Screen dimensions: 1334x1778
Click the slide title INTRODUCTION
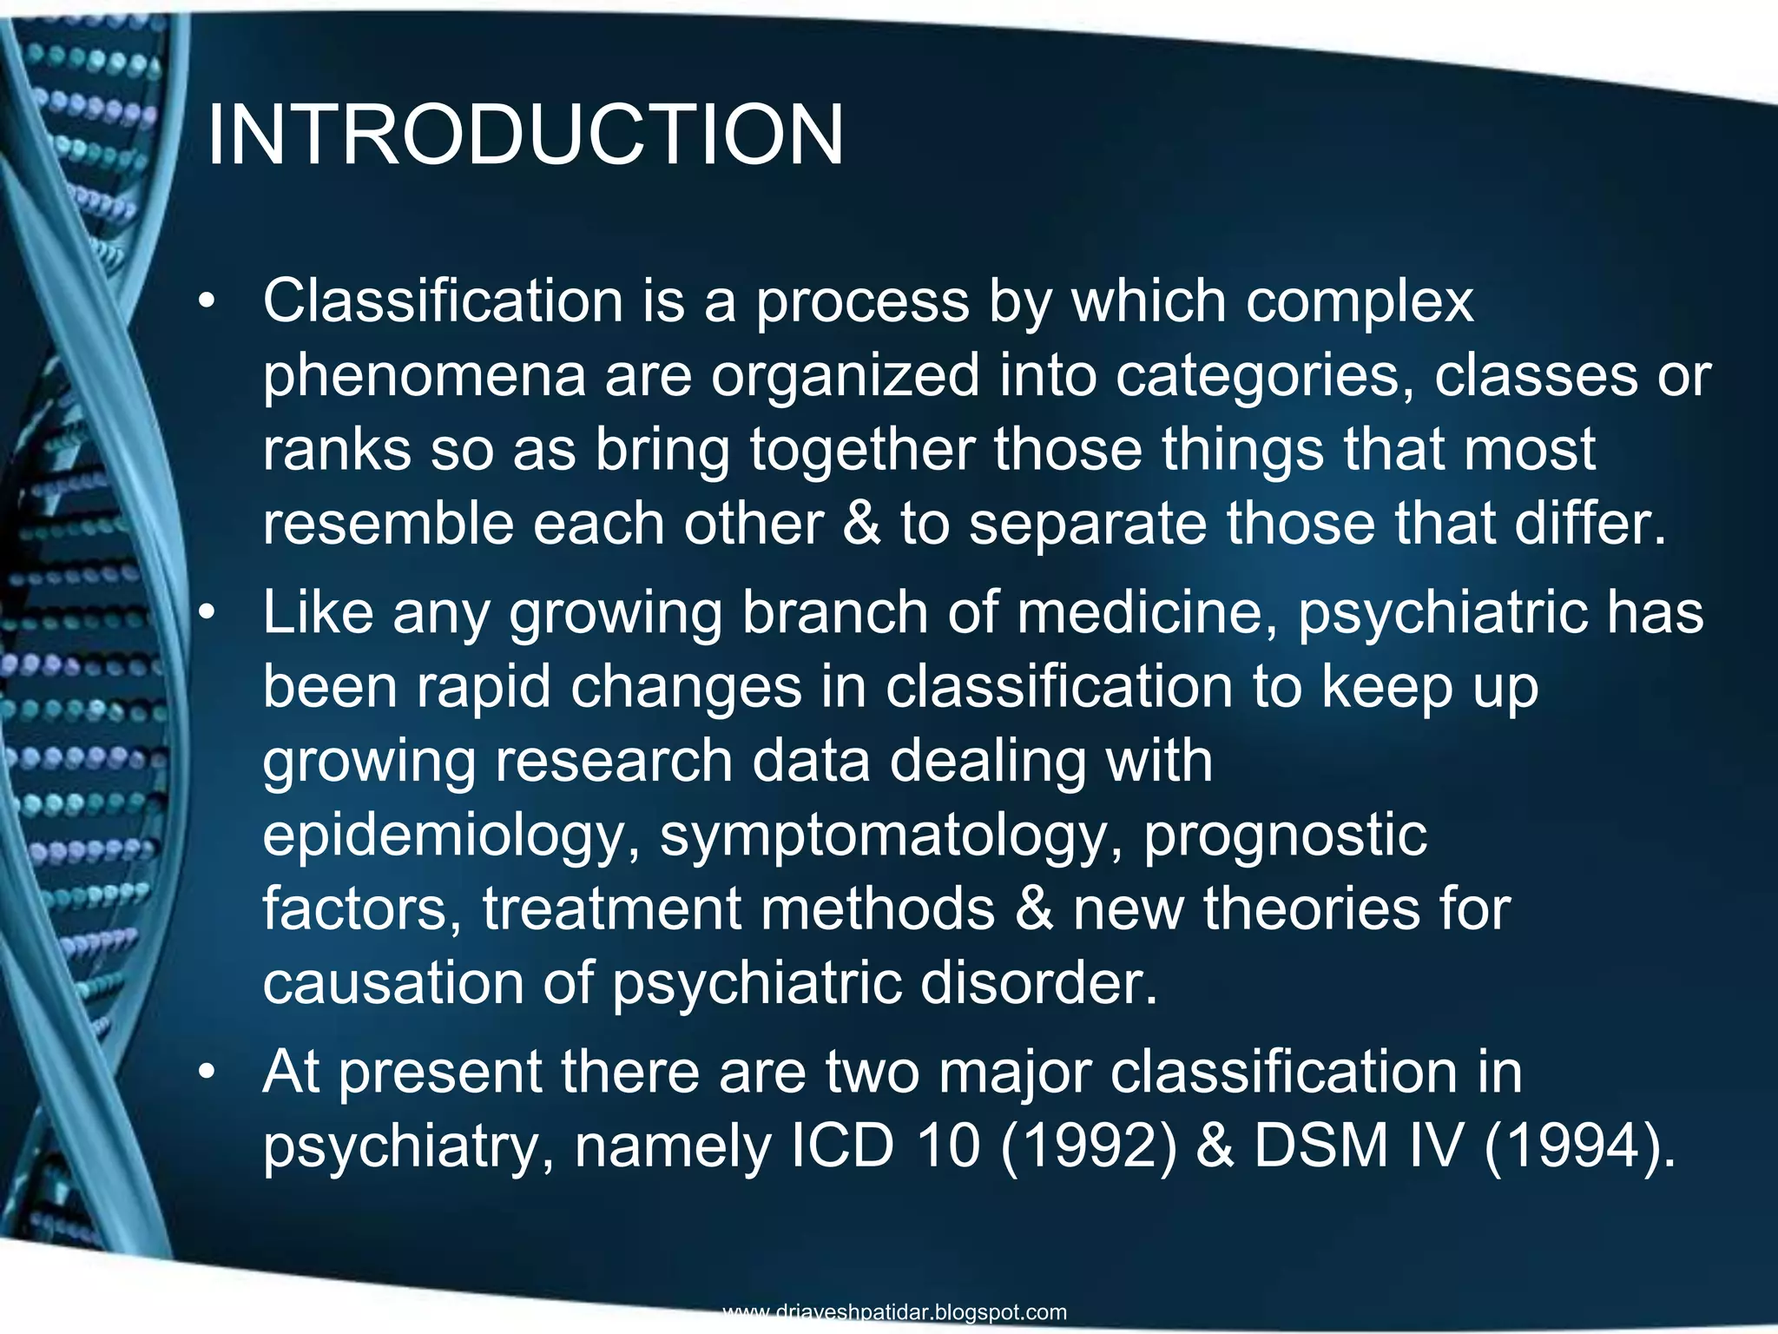coord(525,135)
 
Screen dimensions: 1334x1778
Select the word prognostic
coord(1285,835)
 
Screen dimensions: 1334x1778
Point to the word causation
coord(392,984)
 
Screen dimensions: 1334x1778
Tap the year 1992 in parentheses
coord(1090,1146)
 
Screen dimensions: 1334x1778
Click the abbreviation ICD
coord(842,1146)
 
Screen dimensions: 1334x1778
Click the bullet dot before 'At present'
coord(205,1073)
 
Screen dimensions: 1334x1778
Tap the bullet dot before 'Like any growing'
coord(205,614)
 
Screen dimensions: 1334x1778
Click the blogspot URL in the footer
coord(894,1311)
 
